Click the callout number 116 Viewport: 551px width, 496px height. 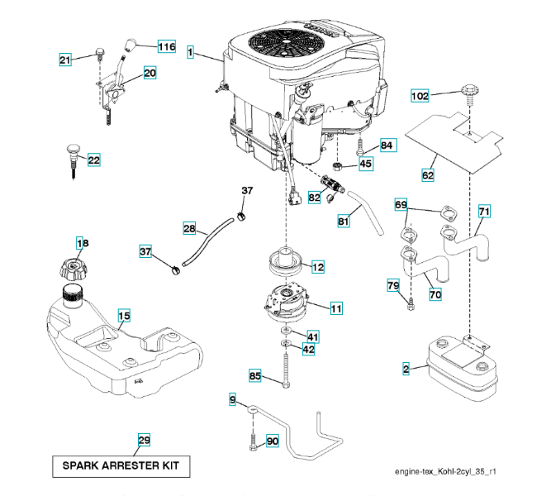(166, 47)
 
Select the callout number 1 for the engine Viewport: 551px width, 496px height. (191, 53)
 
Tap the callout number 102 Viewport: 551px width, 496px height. (420, 97)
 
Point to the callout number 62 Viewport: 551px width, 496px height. (427, 175)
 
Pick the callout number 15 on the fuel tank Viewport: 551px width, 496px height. (123, 316)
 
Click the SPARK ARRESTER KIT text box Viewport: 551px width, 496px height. (121, 465)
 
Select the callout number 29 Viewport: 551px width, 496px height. (144, 440)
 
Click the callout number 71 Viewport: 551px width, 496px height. (484, 212)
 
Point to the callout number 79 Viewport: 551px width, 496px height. (394, 286)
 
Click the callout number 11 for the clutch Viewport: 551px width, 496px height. (336, 308)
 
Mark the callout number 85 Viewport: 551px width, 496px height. (255, 377)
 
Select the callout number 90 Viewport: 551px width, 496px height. (273, 441)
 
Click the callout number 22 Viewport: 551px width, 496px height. (93, 160)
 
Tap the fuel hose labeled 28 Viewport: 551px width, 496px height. (202, 244)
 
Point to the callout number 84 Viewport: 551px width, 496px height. (387, 145)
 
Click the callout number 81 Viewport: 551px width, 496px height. (344, 221)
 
